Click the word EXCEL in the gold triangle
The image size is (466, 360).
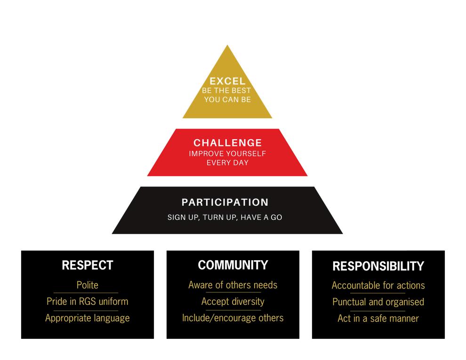tap(227, 82)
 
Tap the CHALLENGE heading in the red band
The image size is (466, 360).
tap(227, 143)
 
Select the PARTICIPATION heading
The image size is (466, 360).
tap(225, 202)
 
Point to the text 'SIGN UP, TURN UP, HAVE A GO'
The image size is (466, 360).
tap(225, 218)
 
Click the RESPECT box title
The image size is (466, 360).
tap(88, 265)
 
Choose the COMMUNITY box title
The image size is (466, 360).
tap(233, 265)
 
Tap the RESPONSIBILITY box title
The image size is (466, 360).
tap(378, 266)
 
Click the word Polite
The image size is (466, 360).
tap(88, 285)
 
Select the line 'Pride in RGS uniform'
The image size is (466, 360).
tap(88, 301)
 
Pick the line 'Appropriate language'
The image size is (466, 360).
tap(88, 318)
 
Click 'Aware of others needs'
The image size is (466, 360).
tap(233, 285)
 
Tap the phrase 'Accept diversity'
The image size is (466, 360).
tap(233, 301)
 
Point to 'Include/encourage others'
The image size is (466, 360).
tap(233, 318)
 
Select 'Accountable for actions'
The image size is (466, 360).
tap(378, 285)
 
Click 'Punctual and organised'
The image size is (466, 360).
tap(378, 302)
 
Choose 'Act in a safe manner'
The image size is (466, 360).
tap(378, 319)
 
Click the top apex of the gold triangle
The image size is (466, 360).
tap(227, 47)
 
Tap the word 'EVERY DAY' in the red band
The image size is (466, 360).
tap(227, 163)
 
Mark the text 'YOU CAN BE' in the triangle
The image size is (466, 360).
tap(227, 100)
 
